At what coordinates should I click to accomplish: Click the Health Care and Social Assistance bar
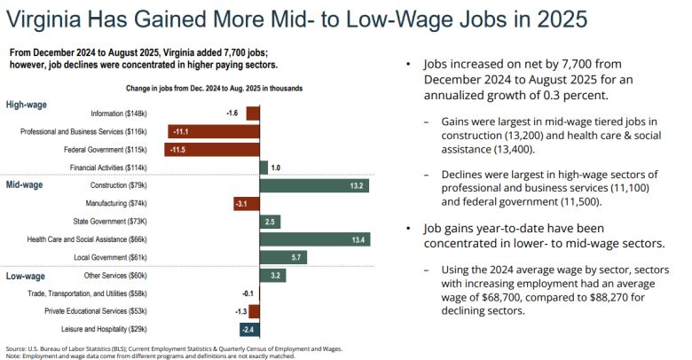click(314, 239)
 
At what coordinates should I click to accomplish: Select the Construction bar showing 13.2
click(313, 185)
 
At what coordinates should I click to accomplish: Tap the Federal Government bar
click(211, 149)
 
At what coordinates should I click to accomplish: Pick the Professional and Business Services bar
click(213, 131)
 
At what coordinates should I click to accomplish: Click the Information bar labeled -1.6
click(252, 113)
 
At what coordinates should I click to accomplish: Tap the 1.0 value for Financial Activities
click(276, 168)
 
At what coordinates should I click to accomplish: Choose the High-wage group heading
click(27, 105)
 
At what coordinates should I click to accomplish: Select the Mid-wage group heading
click(26, 184)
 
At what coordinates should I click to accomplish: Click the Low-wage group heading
click(26, 275)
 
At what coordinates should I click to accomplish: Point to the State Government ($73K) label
click(121, 222)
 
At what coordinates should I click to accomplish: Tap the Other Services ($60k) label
click(122, 276)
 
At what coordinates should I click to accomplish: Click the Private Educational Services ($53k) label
click(98, 312)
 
